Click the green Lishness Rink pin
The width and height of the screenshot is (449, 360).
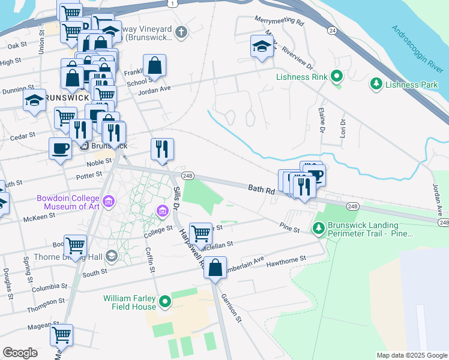[x=336, y=77]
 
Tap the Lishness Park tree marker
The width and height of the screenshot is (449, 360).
[x=377, y=83]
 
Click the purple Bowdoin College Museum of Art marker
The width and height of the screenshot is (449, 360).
[x=108, y=201]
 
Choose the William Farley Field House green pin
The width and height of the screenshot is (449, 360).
[x=164, y=302]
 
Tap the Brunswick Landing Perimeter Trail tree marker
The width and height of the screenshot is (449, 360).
[x=318, y=227]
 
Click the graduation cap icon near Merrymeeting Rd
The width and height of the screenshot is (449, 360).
[x=262, y=47]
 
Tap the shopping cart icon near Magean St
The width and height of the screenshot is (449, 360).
[x=61, y=335]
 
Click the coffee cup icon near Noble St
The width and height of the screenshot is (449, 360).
[x=60, y=148]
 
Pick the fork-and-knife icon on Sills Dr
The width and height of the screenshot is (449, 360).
[x=161, y=149]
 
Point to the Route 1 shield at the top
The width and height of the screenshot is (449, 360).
[x=173, y=4]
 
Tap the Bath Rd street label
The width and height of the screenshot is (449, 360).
[x=262, y=190]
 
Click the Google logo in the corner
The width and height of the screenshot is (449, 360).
[x=20, y=353]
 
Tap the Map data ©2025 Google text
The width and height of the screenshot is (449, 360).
[x=411, y=355]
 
